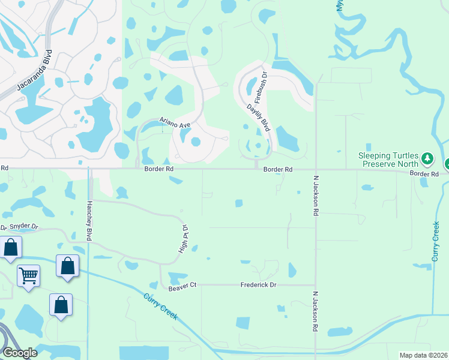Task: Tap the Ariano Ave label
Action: pyautogui.click(x=175, y=124)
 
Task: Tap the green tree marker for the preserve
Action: pyautogui.click(x=427, y=159)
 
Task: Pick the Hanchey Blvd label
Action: pyautogui.click(x=89, y=220)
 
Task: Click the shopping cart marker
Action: pyautogui.click(x=28, y=276)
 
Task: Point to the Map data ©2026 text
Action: pyautogui.click(x=423, y=355)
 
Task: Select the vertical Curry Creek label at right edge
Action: pyautogui.click(x=436, y=241)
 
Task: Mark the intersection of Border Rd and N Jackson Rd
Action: pyautogui.click(x=315, y=169)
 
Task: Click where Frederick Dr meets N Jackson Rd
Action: pyautogui.click(x=315, y=285)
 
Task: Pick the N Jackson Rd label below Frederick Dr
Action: pyautogui.click(x=315, y=312)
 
